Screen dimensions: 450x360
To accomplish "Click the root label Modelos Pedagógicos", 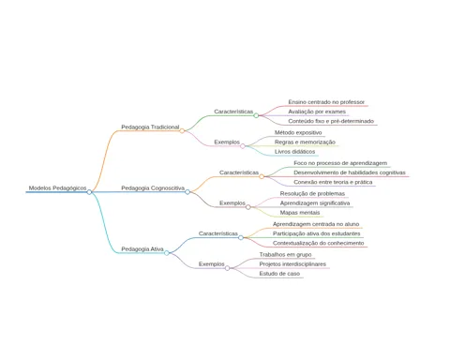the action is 57,188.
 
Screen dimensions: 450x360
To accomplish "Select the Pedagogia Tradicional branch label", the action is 150,127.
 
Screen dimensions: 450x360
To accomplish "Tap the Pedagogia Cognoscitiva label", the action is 153,188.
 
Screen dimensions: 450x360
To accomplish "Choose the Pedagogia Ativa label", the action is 142,249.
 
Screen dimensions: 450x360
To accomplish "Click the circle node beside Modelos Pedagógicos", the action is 89,192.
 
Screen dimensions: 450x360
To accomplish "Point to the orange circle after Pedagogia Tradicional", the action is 182,131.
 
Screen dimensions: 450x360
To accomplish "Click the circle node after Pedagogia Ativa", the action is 167,253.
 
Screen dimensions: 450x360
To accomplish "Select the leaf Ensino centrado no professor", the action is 326,102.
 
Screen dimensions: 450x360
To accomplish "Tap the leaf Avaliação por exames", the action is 317,112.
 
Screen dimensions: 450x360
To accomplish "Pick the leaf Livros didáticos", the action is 295,152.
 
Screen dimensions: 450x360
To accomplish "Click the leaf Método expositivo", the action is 298,132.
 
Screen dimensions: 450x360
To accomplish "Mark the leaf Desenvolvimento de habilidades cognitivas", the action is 350,172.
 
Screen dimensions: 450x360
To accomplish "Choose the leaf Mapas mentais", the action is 300,213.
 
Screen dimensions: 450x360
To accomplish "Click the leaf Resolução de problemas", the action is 312,194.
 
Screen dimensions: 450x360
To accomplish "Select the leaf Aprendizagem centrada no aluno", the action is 316,224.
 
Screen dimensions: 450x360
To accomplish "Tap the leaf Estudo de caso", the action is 279,274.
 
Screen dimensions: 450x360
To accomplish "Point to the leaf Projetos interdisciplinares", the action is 292,264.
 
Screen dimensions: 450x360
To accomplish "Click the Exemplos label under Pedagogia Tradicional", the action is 227,142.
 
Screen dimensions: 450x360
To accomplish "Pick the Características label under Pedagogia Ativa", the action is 218,233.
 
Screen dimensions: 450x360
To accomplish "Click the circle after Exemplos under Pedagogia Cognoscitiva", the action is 248,207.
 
